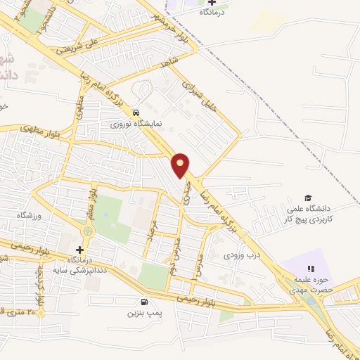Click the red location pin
[x=181, y=165]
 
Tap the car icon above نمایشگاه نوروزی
[x=136, y=112]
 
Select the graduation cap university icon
[x=307, y=198]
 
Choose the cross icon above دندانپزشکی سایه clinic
[x=79, y=250]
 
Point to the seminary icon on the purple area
[x=309, y=268]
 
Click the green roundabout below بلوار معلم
[x=88, y=230]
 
